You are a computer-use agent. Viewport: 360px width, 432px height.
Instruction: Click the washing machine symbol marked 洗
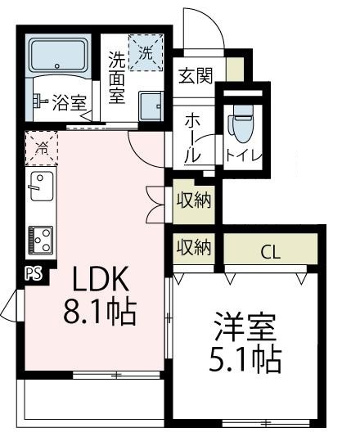[146, 53]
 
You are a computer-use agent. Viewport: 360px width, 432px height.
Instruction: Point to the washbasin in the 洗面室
[151, 106]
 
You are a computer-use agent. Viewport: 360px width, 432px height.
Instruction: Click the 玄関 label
[196, 76]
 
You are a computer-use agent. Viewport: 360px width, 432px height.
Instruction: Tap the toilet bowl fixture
[241, 123]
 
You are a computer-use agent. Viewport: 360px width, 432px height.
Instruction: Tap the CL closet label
[271, 252]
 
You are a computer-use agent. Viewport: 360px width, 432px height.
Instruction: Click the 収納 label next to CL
[195, 245]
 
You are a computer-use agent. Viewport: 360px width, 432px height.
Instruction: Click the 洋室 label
[243, 326]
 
